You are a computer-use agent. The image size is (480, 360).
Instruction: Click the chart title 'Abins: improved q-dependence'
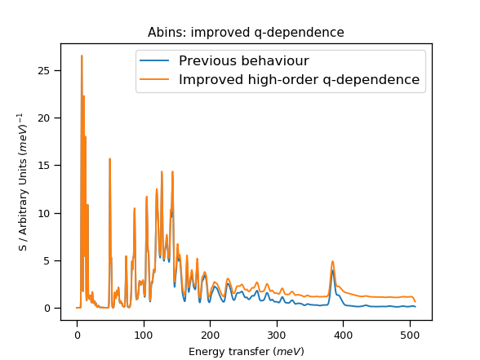246,33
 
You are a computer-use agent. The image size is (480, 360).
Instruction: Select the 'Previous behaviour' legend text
243,61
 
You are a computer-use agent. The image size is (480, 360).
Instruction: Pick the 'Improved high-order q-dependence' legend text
299,80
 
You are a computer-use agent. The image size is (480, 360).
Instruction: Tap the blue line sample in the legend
155,61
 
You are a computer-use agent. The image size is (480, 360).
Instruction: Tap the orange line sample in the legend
155,80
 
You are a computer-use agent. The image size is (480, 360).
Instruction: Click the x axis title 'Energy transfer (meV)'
246,351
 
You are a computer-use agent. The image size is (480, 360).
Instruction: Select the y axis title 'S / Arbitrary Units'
20,182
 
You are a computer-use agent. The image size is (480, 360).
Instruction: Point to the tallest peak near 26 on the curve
82,56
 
